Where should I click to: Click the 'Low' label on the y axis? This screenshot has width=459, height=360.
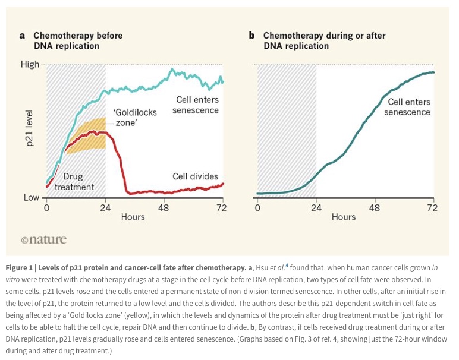31,197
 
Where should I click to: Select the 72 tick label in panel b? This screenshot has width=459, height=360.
433,208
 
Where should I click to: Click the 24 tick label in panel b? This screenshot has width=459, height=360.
316,208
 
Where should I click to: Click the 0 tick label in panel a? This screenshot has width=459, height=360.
46,208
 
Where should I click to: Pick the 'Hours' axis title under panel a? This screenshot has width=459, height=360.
133,217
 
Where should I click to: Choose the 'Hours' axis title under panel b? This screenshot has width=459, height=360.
344,217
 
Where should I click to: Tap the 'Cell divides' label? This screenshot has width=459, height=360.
195,176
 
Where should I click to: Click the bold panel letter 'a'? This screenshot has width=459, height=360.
22,36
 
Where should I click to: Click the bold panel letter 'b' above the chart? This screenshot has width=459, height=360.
252,36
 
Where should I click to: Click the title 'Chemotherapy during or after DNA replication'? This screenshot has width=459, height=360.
324,41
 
